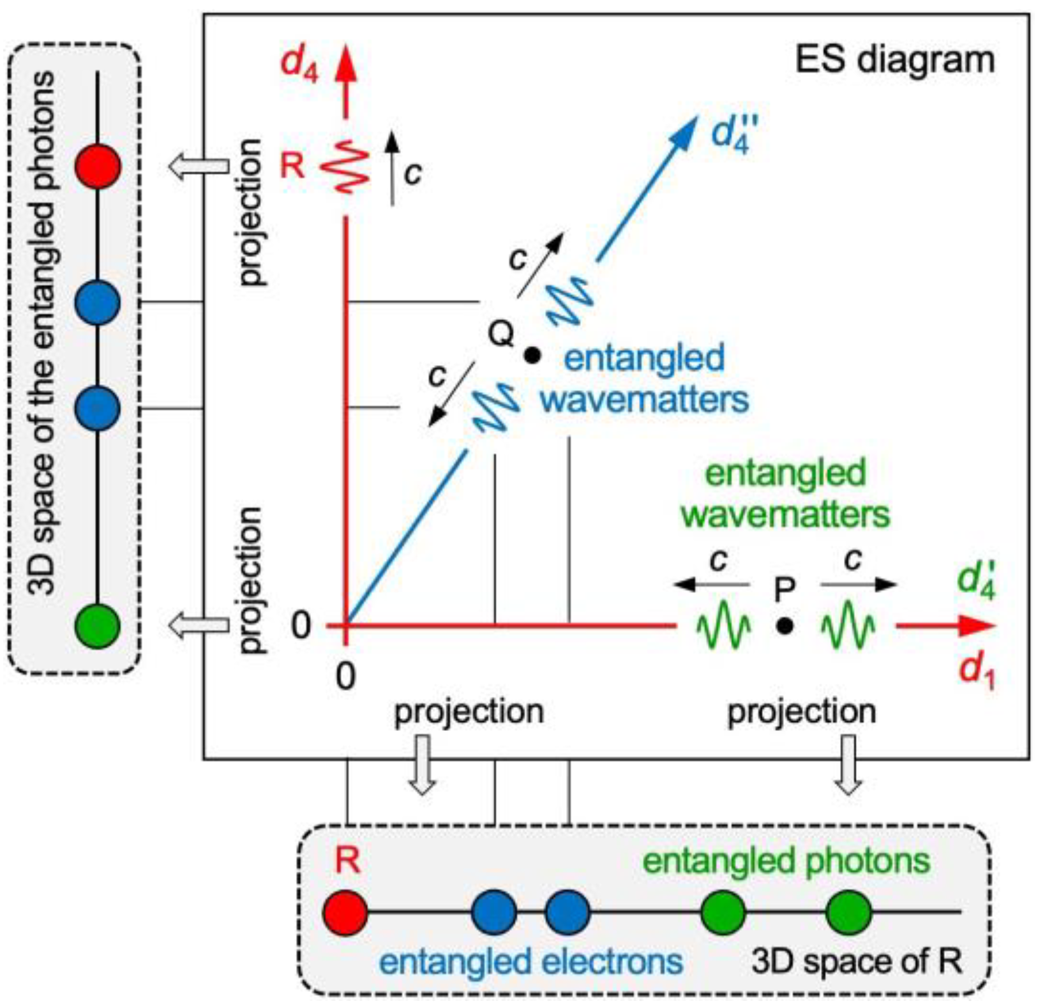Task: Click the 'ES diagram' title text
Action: click(894, 60)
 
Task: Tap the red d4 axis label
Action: click(299, 64)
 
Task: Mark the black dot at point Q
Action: click(532, 356)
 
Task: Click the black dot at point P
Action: click(785, 626)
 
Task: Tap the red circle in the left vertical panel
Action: click(98, 166)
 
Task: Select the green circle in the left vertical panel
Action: click(98, 626)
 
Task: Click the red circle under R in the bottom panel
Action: click(345, 912)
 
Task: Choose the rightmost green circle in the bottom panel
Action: click(848, 912)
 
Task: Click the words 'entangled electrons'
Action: click(531, 961)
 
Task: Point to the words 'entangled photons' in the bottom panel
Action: click(786, 861)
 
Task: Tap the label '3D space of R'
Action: click(856, 961)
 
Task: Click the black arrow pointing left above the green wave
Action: click(711, 583)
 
